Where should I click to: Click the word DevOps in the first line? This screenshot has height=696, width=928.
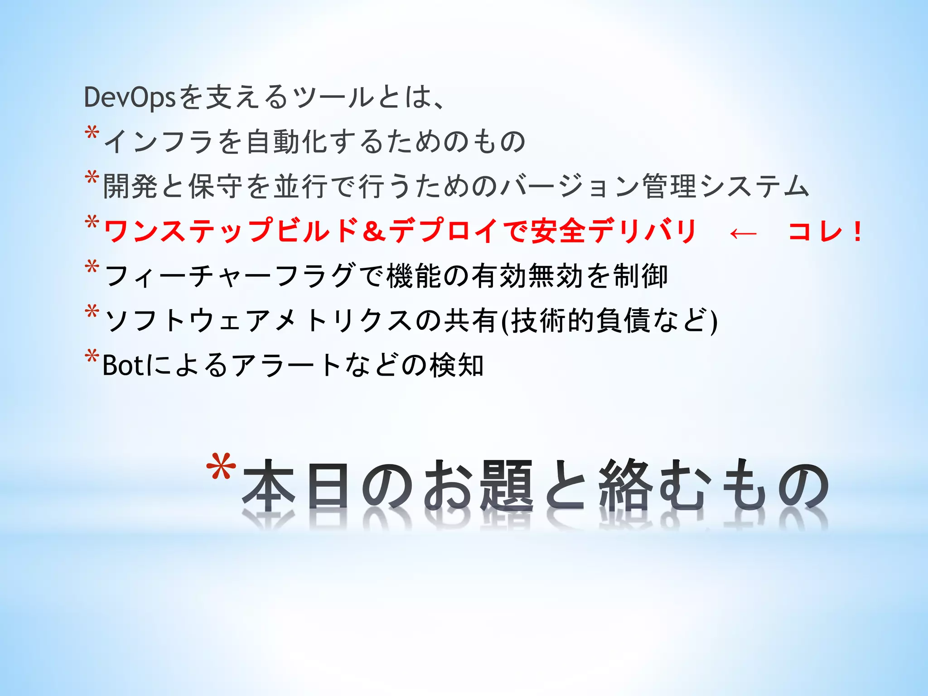coord(130,97)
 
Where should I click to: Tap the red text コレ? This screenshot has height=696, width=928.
coord(825,232)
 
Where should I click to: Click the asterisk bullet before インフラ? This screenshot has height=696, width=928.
coord(92,134)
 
